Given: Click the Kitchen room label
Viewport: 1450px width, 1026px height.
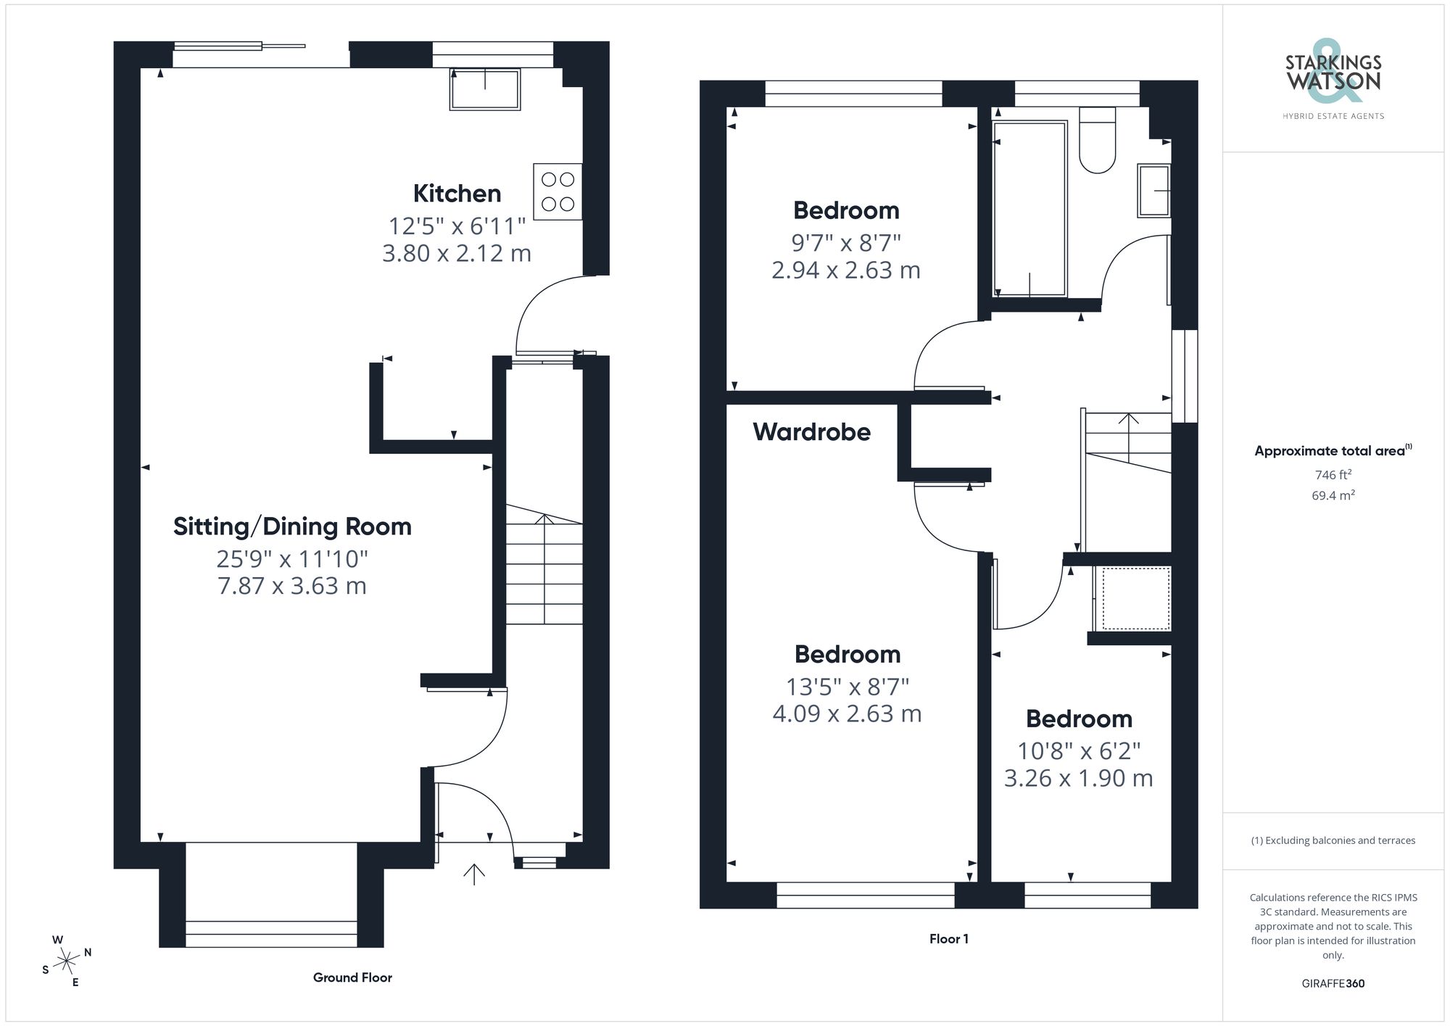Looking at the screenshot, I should pos(457,194).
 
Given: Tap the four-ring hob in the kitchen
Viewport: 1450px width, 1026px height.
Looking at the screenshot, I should pos(558,191).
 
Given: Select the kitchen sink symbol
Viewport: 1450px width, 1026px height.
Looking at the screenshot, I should pos(485,89).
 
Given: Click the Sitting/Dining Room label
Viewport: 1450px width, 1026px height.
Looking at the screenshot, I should pos(292,526).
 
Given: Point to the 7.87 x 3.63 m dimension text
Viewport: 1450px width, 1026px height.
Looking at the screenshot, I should pos(292,586).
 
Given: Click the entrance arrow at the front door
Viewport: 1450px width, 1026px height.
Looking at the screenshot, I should pos(474,874).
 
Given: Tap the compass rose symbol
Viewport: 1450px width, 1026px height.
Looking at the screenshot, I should pos(67,961).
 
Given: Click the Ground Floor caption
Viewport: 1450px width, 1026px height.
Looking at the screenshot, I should pos(352,977).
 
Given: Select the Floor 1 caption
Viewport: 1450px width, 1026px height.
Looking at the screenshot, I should pos(948,939).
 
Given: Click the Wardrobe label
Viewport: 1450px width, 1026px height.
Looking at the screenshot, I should pos(811,432).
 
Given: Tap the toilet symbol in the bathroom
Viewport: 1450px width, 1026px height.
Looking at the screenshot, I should pos(1097,141).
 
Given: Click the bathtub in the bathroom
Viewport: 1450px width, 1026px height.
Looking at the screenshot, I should pos(1029,209).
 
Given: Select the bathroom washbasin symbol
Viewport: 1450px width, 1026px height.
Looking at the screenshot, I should pos(1154,191).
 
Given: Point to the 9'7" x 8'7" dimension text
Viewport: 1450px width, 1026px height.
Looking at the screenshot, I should pos(846,243).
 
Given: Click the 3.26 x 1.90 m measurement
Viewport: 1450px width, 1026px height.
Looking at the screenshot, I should pos(1078,778).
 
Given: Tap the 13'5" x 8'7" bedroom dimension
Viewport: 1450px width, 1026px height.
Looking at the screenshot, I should pos(847,687).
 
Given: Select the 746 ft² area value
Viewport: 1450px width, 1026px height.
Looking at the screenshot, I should pos(1333,475).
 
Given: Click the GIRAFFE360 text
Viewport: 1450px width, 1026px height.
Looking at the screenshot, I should pos(1333,984).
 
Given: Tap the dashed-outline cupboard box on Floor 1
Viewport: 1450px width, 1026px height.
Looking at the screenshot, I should pos(1135,599).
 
